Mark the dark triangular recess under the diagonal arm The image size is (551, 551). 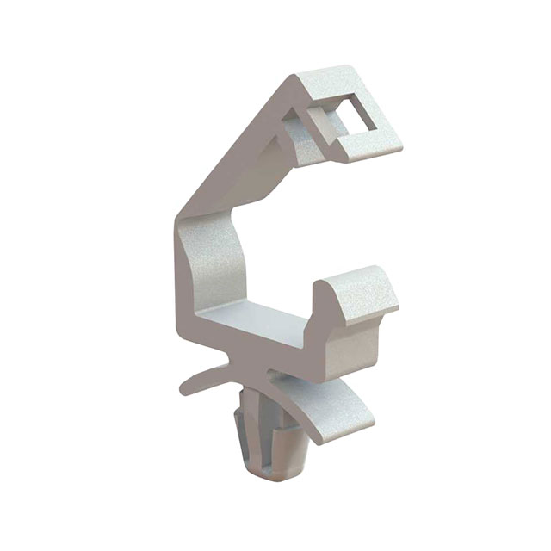click(x=297, y=146)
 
